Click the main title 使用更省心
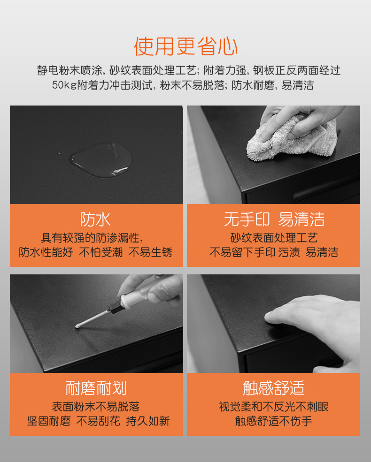click(x=185, y=46)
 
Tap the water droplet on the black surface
click(x=100, y=160)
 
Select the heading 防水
click(x=95, y=220)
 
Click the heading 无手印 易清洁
click(x=274, y=220)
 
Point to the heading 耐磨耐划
click(x=96, y=388)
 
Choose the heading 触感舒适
click(x=274, y=388)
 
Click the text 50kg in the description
click(x=64, y=85)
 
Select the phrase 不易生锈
click(x=151, y=252)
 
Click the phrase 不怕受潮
click(x=100, y=252)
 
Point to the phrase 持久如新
click(x=148, y=421)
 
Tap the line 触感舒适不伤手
click(x=274, y=421)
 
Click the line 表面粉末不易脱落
click(x=96, y=406)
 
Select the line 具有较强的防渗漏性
click(x=92, y=237)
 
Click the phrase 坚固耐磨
click(x=49, y=421)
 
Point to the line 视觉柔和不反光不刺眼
click(x=274, y=406)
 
